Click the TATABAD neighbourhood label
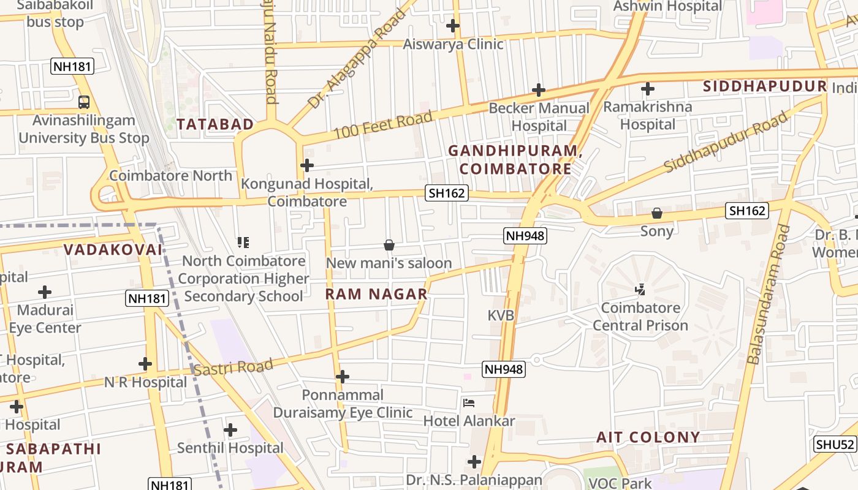[215, 124]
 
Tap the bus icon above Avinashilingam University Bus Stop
[84, 102]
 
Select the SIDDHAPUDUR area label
[765, 86]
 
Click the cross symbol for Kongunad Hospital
[307, 165]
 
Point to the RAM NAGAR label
[376, 294]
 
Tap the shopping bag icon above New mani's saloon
[389, 246]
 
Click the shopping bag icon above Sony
[657, 213]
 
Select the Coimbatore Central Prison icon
[640, 289]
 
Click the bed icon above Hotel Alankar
[469, 403]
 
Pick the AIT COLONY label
[648, 437]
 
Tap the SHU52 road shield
[835, 445]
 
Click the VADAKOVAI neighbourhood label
[113, 250]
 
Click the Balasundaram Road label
[768, 294]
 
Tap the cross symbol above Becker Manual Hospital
[539, 91]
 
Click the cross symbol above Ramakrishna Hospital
[647, 89]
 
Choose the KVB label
[501, 315]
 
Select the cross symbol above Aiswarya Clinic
[453, 26]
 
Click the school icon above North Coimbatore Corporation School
[243, 243]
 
